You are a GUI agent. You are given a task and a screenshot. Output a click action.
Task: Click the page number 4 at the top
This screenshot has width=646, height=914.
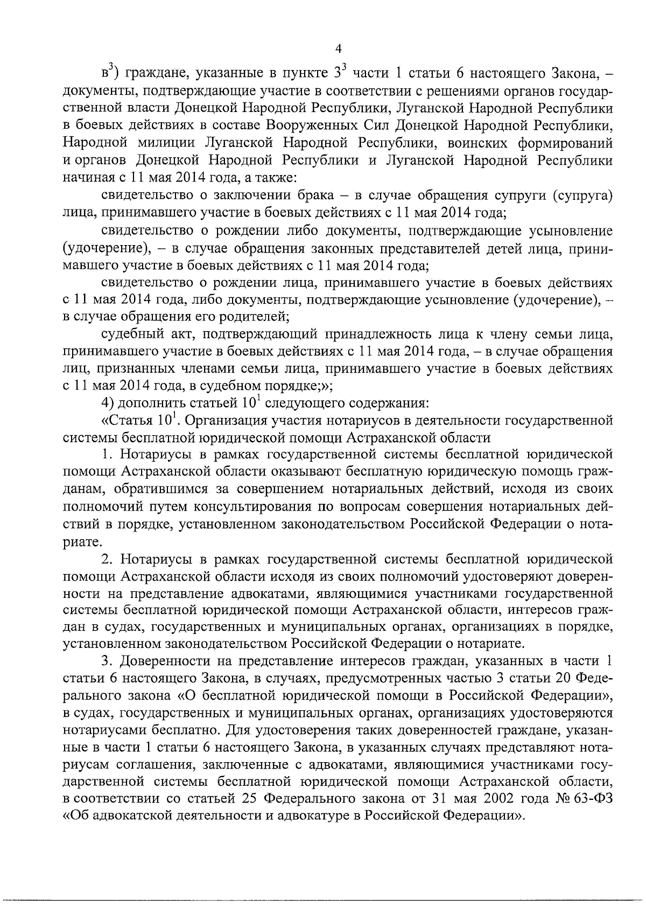338,49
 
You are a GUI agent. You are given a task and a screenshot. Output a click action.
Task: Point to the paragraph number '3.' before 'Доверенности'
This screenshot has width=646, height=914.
106,660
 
